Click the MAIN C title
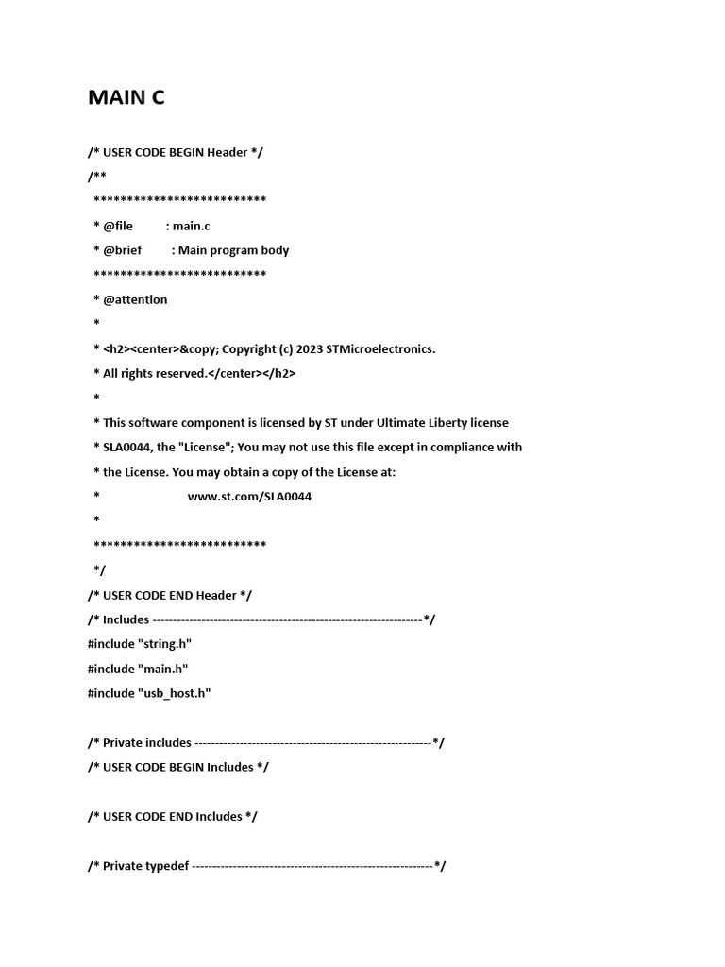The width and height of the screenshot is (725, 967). (x=126, y=97)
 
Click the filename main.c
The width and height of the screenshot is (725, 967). (x=192, y=226)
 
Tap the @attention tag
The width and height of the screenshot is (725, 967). (x=135, y=299)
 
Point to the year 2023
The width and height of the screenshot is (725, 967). (x=309, y=348)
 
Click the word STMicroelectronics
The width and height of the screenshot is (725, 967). (x=380, y=348)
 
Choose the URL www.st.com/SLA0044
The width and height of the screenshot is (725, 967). (x=249, y=497)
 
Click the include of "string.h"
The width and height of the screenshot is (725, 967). (x=140, y=644)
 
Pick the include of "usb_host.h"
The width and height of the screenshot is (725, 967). (x=149, y=693)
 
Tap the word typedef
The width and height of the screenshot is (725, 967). (x=167, y=866)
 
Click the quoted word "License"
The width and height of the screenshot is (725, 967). (x=191, y=448)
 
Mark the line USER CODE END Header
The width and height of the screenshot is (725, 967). (x=170, y=595)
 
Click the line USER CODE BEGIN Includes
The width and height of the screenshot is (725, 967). (x=178, y=767)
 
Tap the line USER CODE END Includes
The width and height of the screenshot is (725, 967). (x=173, y=816)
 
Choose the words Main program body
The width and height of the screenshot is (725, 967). (x=233, y=250)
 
